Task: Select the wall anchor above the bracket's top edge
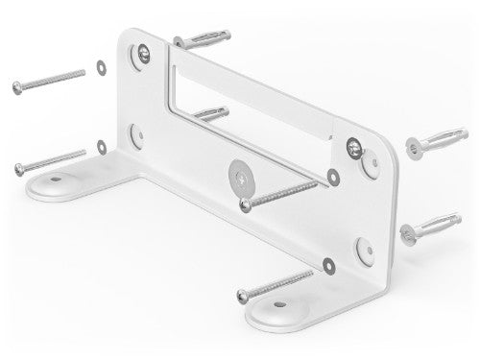coord(203,39)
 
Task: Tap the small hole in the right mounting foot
coord(280,306)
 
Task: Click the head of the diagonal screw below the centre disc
coord(246,204)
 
